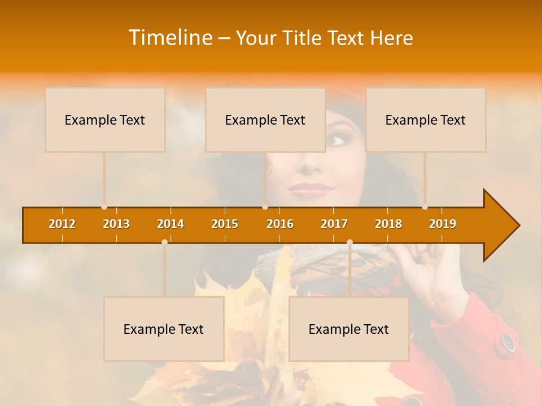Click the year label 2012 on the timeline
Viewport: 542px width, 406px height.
[x=62, y=224]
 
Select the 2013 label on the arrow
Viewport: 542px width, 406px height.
[x=116, y=224]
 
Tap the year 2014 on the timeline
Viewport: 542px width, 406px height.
[x=171, y=224]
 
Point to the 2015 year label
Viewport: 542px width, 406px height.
[x=225, y=224]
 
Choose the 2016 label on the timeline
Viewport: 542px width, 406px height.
[x=280, y=224]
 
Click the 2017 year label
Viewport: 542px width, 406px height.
[x=334, y=224]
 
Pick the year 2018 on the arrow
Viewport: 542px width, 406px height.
[x=388, y=224]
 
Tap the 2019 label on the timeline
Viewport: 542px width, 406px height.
[x=443, y=224]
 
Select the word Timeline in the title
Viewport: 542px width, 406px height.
[x=169, y=38]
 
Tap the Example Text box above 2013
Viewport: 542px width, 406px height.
[x=105, y=120]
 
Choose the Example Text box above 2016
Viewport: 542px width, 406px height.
[x=265, y=120]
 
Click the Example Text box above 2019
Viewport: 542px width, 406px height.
[x=426, y=120]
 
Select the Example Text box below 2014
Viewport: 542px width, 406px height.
[x=164, y=329]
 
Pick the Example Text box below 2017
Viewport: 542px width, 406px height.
[x=349, y=329]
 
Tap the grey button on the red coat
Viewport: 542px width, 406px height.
[x=508, y=342]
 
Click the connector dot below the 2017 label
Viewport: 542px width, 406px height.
[x=349, y=242]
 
